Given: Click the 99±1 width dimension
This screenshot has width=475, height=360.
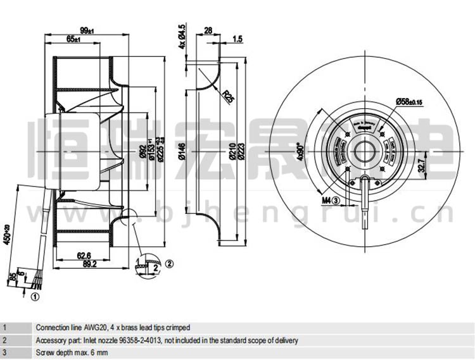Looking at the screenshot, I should pos(87,30).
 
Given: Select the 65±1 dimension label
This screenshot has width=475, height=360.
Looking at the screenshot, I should pos(73,40).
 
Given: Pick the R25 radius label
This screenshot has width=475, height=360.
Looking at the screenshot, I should pos(229,97).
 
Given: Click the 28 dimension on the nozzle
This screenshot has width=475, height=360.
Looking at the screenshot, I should pos(207,30).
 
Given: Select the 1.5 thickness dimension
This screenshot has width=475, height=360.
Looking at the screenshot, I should pos(237,39).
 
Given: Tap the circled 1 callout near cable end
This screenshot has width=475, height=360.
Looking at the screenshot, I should pos(34,295).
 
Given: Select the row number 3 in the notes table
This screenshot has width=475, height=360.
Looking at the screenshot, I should pos(5,352).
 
